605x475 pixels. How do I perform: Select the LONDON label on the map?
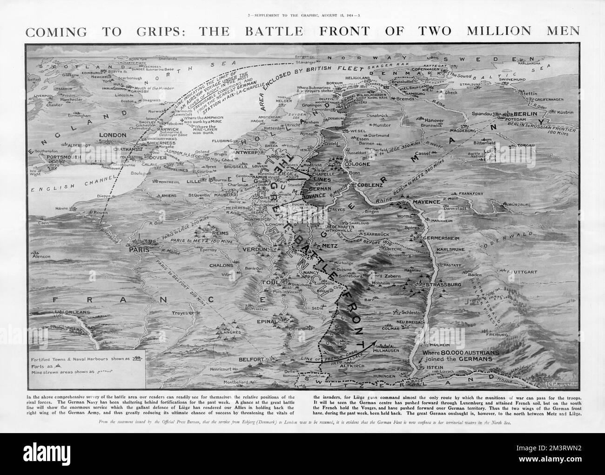point(113,135)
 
